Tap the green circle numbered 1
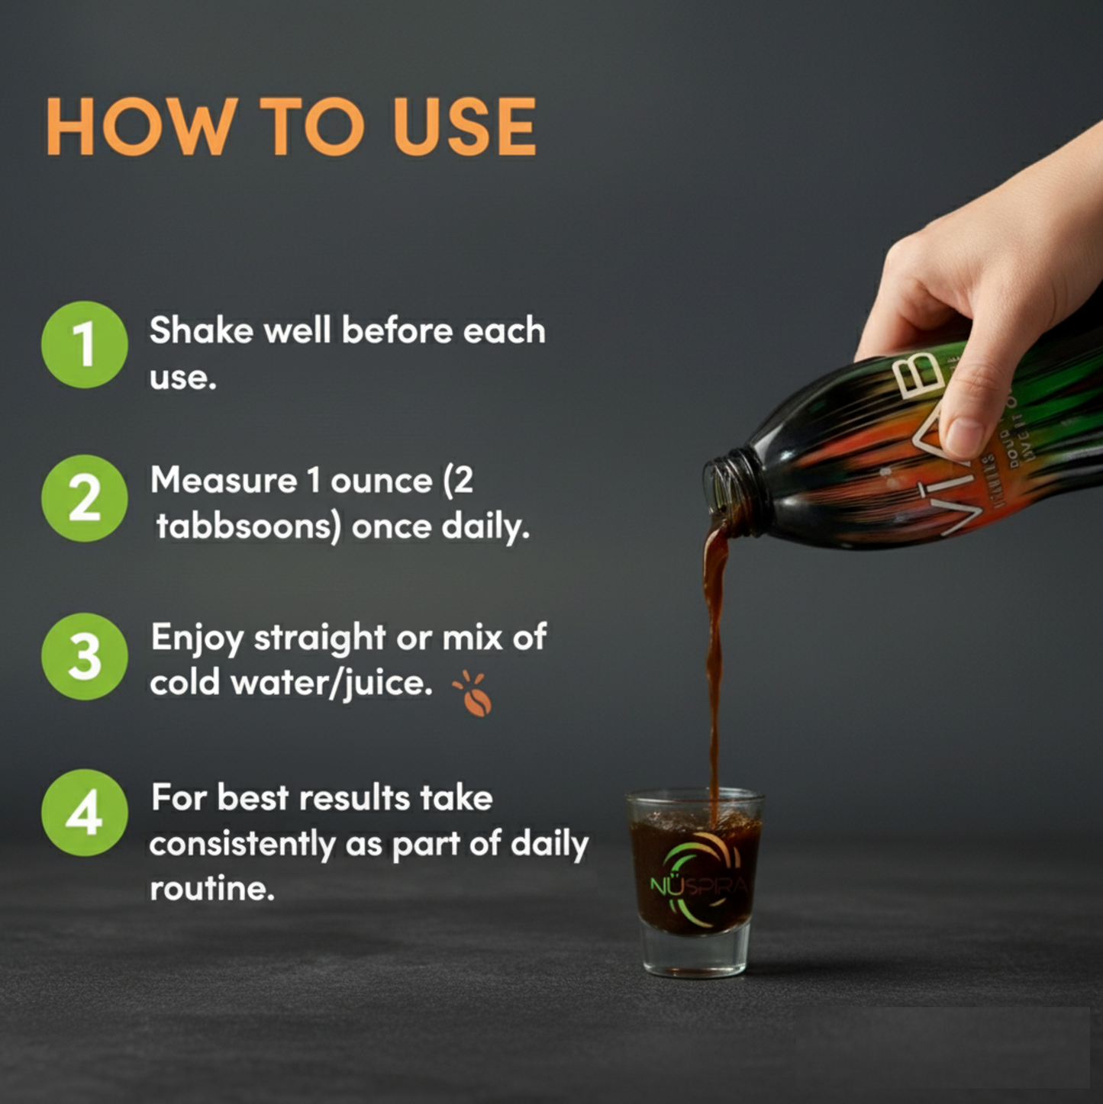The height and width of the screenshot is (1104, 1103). click(84, 344)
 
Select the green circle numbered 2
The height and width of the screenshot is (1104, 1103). click(84, 498)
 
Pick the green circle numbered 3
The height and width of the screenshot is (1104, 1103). click(84, 656)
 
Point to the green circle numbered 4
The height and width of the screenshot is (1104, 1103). click(84, 813)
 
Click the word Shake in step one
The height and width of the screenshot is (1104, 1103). click(201, 331)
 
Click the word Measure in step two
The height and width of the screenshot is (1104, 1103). click(223, 481)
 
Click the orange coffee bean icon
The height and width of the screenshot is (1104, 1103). click(475, 696)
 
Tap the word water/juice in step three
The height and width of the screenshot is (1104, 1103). click(331, 683)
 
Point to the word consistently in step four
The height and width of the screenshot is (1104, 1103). click(242, 844)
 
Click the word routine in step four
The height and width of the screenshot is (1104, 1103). click(211, 889)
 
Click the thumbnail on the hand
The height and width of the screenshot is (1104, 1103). click(964, 437)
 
